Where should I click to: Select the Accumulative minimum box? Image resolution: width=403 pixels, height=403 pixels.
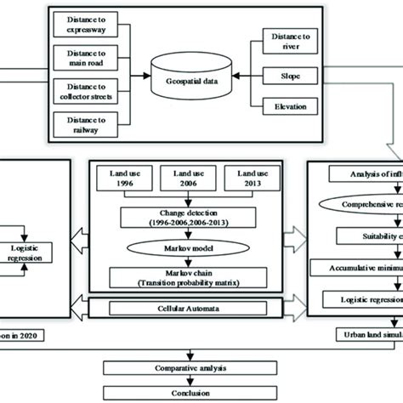point(362,267)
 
